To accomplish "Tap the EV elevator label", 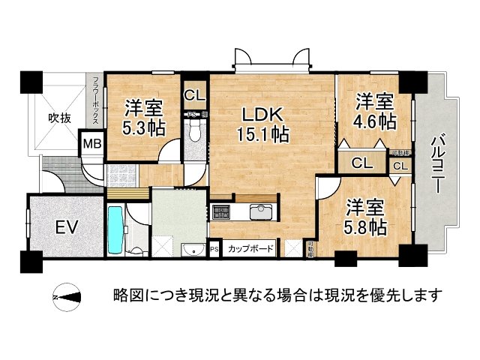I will click(x=66, y=226).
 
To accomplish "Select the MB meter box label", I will click(x=91, y=143).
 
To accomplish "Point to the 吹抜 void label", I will click(x=60, y=118).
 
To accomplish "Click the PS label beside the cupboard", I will click(x=214, y=248).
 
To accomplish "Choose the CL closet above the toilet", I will click(x=193, y=95).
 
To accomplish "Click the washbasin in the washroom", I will click(x=190, y=248).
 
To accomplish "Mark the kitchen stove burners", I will click(x=223, y=211).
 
